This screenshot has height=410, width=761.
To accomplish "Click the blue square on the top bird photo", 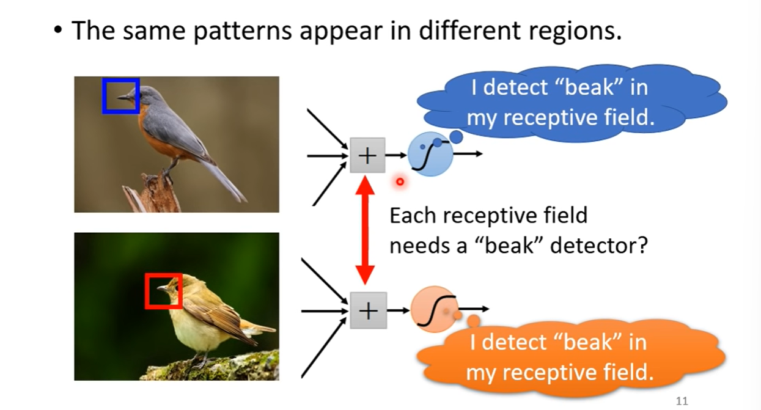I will [x=120, y=96].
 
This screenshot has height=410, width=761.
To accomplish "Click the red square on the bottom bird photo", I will [x=163, y=290].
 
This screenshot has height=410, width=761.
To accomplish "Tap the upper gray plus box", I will [x=367, y=155].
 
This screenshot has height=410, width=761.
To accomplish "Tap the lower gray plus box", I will [x=368, y=310].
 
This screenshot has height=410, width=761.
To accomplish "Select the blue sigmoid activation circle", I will [x=430, y=154].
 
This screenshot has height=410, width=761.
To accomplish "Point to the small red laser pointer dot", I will [x=400, y=181].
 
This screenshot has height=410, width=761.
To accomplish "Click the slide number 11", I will [x=682, y=401].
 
